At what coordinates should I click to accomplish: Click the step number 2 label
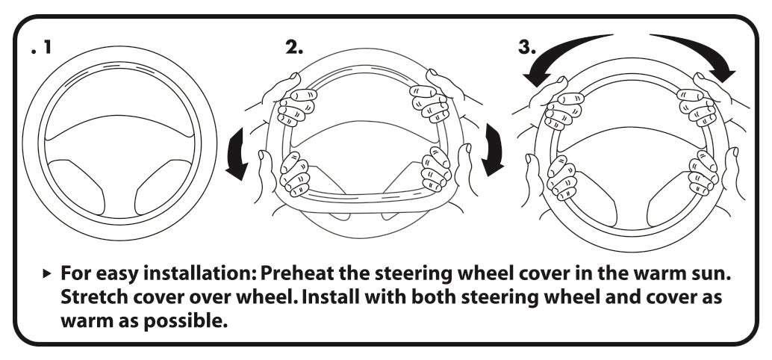point(294,48)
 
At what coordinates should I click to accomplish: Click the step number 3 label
point(526,48)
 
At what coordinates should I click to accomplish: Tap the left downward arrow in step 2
point(241,154)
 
